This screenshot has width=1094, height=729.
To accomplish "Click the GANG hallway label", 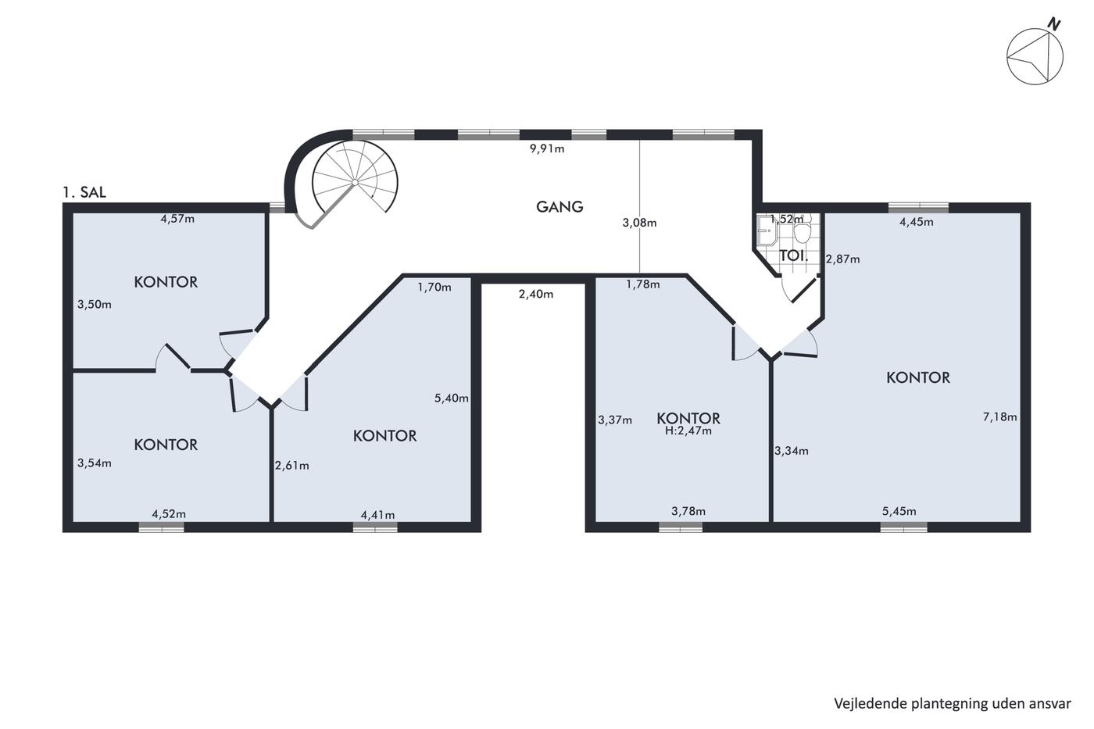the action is tap(560, 206).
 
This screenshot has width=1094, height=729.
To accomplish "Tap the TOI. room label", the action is tap(794, 256).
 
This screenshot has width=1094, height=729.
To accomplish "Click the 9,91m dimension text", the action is tap(547, 148).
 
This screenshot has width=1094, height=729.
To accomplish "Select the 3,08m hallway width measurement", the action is tap(639, 223).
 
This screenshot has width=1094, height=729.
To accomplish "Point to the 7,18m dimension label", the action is tap(999, 416).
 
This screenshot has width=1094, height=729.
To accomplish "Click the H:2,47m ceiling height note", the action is tap(688, 431).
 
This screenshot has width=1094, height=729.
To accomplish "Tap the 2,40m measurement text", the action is tap(536, 294).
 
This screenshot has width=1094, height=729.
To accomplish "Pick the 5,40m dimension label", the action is tap(452, 398).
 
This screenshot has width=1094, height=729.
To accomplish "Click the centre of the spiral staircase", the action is tap(355, 182).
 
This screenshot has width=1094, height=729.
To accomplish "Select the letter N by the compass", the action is tap(1056, 24).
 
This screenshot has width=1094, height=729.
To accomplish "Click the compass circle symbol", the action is tap(1035, 56).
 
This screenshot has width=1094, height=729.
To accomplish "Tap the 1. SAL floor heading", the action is tap(84, 192).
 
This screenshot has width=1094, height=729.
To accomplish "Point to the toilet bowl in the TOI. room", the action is tap(802, 231).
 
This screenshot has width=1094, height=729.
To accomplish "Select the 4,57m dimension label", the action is tap(177, 219).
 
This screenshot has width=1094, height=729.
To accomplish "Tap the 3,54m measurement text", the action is tap(95, 463).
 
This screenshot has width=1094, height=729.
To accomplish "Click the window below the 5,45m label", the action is tap(903, 527).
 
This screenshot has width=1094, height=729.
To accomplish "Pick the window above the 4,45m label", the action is tap(918, 208).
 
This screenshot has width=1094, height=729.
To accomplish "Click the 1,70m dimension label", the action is tap(434, 287).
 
